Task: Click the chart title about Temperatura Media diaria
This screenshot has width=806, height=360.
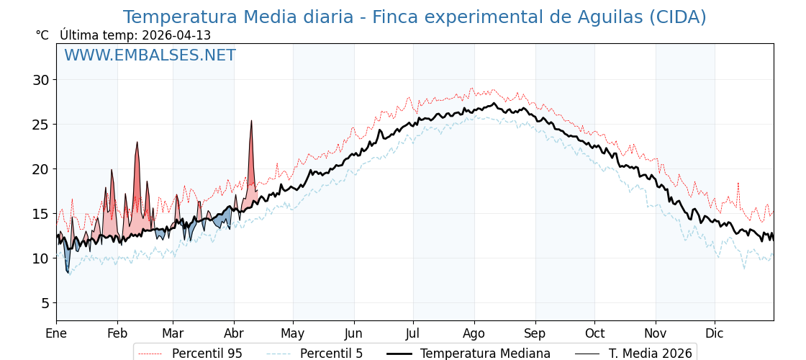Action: pos(414,17)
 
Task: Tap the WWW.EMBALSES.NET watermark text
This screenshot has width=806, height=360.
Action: pos(150,55)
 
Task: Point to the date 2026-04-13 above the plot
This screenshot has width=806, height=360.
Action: pos(176,35)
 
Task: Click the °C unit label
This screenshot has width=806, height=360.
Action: pos(42,35)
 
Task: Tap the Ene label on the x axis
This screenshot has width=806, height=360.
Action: pos(56,333)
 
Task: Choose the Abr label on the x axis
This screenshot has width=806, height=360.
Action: pos(234,333)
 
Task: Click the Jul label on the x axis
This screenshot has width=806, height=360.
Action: pos(413,333)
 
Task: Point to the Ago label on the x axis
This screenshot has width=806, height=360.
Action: pos(474,333)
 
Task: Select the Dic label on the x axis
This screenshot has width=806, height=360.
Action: pos(715,333)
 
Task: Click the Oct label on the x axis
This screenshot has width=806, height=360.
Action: pos(594,333)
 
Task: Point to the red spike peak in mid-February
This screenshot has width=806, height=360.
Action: pos(137,143)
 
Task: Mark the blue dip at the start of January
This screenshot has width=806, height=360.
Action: pos(68,271)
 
